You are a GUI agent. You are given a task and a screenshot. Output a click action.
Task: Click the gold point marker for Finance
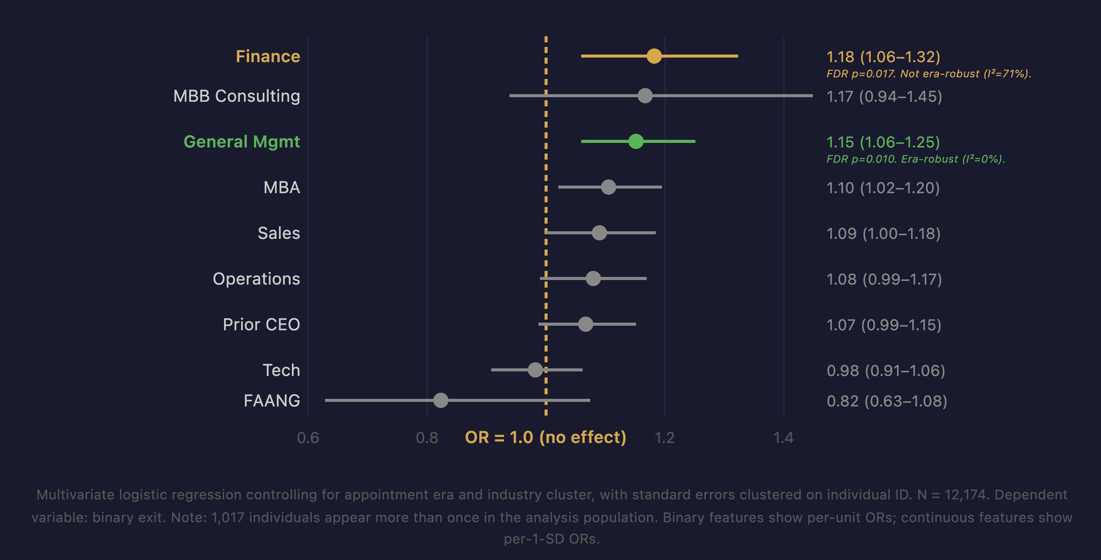click(654, 56)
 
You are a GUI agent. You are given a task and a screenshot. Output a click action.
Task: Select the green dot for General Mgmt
click(635, 141)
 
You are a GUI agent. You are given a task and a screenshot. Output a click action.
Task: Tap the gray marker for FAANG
click(441, 400)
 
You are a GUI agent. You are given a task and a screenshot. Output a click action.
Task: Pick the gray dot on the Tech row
click(535, 370)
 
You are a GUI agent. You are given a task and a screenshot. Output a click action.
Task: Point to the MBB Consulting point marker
click(645, 96)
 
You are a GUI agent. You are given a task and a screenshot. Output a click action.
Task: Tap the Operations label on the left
click(256, 279)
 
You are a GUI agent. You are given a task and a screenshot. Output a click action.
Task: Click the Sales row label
click(279, 233)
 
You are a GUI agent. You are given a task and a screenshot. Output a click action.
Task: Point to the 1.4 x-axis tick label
click(783, 438)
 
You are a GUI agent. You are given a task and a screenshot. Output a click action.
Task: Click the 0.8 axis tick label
click(427, 438)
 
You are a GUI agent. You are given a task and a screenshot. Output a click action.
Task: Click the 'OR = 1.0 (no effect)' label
click(545, 438)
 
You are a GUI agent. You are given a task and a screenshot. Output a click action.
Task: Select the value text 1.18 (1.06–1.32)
click(883, 57)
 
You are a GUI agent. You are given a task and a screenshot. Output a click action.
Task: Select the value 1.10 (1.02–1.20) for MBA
click(883, 188)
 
